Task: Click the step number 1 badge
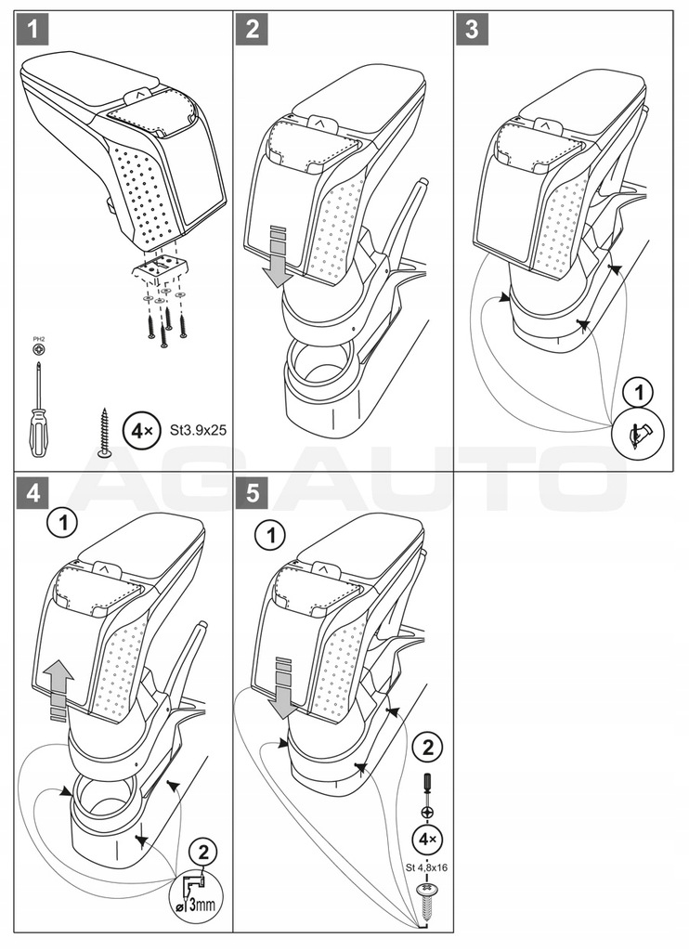pyautogui.click(x=32, y=31)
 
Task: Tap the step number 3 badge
pyautogui.click(x=473, y=31)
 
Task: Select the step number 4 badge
pyautogui.click(x=32, y=493)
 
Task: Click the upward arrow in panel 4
pyautogui.click(x=58, y=684)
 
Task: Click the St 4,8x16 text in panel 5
pyautogui.click(x=427, y=868)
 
